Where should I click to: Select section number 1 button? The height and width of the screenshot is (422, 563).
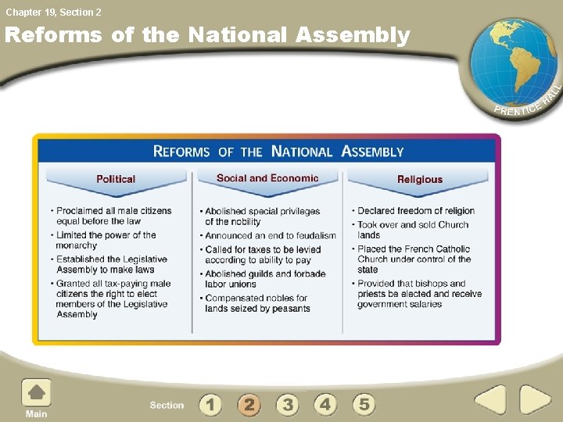click(x=210, y=404)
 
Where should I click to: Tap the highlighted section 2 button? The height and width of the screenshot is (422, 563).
click(x=249, y=404)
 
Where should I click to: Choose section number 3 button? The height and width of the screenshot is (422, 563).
click(x=287, y=404)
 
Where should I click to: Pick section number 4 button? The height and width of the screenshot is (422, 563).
click(x=325, y=404)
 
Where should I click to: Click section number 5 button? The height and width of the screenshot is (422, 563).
click(x=364, y=404)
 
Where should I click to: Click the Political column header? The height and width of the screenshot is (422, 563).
click(x=116, y=179)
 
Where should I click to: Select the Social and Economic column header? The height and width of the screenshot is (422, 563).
click(x=267, y=178)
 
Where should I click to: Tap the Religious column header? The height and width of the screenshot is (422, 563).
click(x=420, y=179)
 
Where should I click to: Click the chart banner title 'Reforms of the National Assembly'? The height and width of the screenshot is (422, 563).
click(x=278, y=152)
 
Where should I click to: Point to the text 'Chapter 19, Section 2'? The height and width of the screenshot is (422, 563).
click(x=53, y=12)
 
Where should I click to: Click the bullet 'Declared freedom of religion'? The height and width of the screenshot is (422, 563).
click(x=415, y=211)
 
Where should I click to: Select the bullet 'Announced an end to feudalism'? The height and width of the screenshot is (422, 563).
click(x=270, y=235)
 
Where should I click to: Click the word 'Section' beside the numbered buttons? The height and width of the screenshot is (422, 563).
click(x=167, y=405)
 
